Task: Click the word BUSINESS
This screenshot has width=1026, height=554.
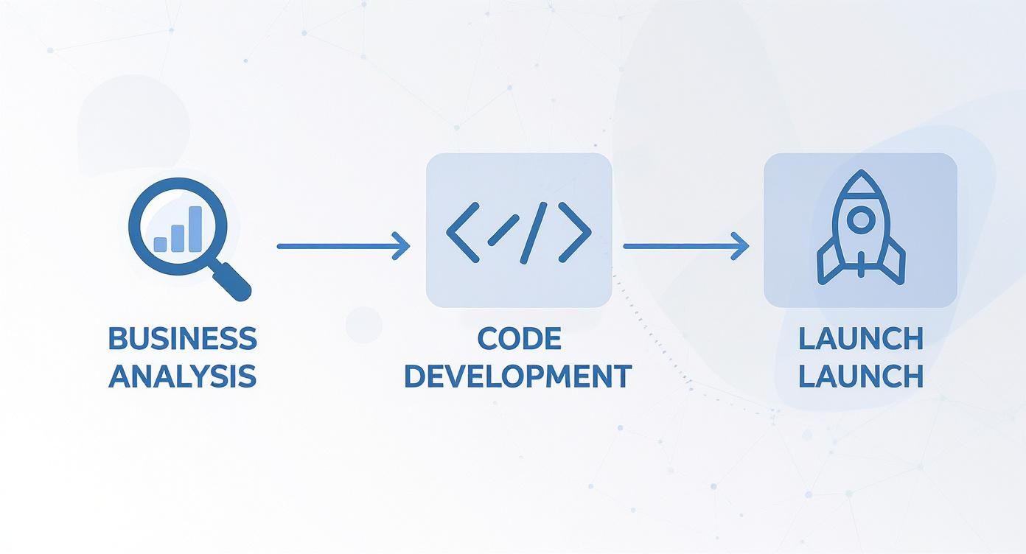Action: [x=182, y=338]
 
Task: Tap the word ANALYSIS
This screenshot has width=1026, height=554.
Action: [x=182, y=376]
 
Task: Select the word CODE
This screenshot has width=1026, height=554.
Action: [x=520, y=338]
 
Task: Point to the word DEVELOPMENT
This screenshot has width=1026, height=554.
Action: [x=518, y=376]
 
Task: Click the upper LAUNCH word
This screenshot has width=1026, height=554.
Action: [x=861, y=339]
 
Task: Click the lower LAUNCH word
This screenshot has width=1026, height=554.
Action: [x=861, y=376]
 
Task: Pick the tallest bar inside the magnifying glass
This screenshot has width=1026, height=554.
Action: [x=195, y=229]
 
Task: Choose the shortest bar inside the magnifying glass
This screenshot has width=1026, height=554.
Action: [x=161, y=245]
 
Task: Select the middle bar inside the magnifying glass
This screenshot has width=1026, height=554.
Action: [x=178, y=238]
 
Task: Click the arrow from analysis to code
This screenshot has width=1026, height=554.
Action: [x=343, y=246]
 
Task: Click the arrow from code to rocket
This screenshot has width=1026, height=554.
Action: [x=686, y=246]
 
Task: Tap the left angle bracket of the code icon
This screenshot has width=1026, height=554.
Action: [x=463, y=233]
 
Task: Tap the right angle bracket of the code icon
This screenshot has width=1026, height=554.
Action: [x=575, y=233]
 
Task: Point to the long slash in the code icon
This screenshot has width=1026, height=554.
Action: [x=534, y=233]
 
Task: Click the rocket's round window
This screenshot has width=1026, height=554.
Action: [x=861, y=220]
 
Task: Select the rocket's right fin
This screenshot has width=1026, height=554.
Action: [x=893, y=262]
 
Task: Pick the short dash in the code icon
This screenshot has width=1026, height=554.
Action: [x=503, y=231]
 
